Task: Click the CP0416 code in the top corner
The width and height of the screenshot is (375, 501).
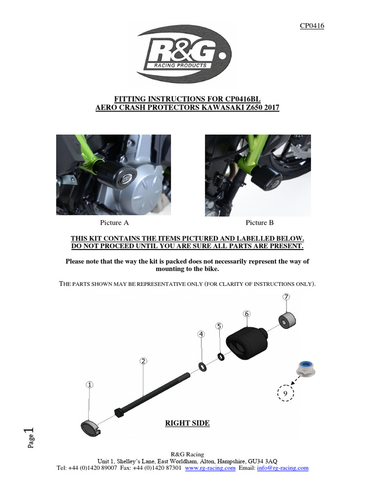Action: click(x=312, y=26)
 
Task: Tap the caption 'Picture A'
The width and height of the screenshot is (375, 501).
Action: click(x=114, y=223)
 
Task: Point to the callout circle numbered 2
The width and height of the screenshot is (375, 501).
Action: click(x=143, y=361)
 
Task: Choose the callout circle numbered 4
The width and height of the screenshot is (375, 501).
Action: click(x=201, y=334)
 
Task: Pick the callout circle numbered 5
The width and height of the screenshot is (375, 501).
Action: click(x=219, y=326)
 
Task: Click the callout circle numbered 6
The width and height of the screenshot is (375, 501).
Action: click(x=247, y=313)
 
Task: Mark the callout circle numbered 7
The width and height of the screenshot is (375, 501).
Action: click(x=287, y=296)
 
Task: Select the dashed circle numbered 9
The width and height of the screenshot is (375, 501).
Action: click(x=285, y=392)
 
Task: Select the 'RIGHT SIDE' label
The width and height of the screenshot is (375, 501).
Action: click(x=187, y=423)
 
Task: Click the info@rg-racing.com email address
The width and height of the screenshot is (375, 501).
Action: click(x=283, y=468)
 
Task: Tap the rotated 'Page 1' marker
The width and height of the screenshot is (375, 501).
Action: click(x=30, y=438)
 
